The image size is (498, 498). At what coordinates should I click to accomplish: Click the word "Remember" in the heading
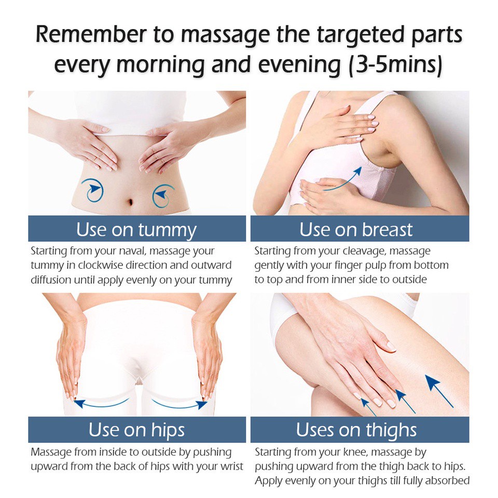[91, 34]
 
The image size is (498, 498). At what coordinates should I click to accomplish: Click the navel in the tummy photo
[130, 202]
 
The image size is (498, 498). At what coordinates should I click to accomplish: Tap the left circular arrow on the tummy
[92, 190]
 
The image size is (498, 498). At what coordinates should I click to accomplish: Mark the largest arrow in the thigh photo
[439, 391]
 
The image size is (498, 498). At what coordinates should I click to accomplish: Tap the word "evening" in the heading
[299, 65]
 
